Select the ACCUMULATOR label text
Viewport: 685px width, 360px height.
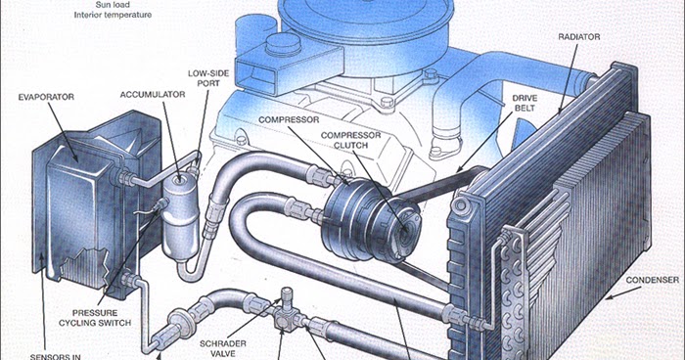[153, 95]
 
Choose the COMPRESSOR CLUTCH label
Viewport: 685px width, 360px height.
[350, 141]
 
